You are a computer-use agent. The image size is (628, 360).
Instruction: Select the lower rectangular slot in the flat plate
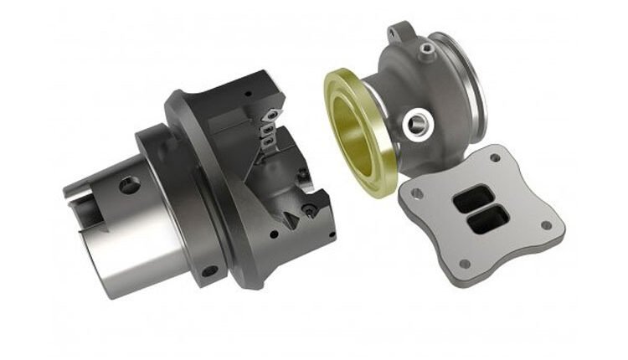(x=485, y=222)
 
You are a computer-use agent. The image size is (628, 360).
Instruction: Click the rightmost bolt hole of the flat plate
(x=546, y=224)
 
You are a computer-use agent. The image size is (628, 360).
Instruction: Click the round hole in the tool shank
(x=129, y=184)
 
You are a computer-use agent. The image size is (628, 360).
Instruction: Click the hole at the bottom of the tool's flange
(x=207, y=271)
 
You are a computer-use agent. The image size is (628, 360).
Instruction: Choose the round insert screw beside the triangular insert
(x=311, y=209)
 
